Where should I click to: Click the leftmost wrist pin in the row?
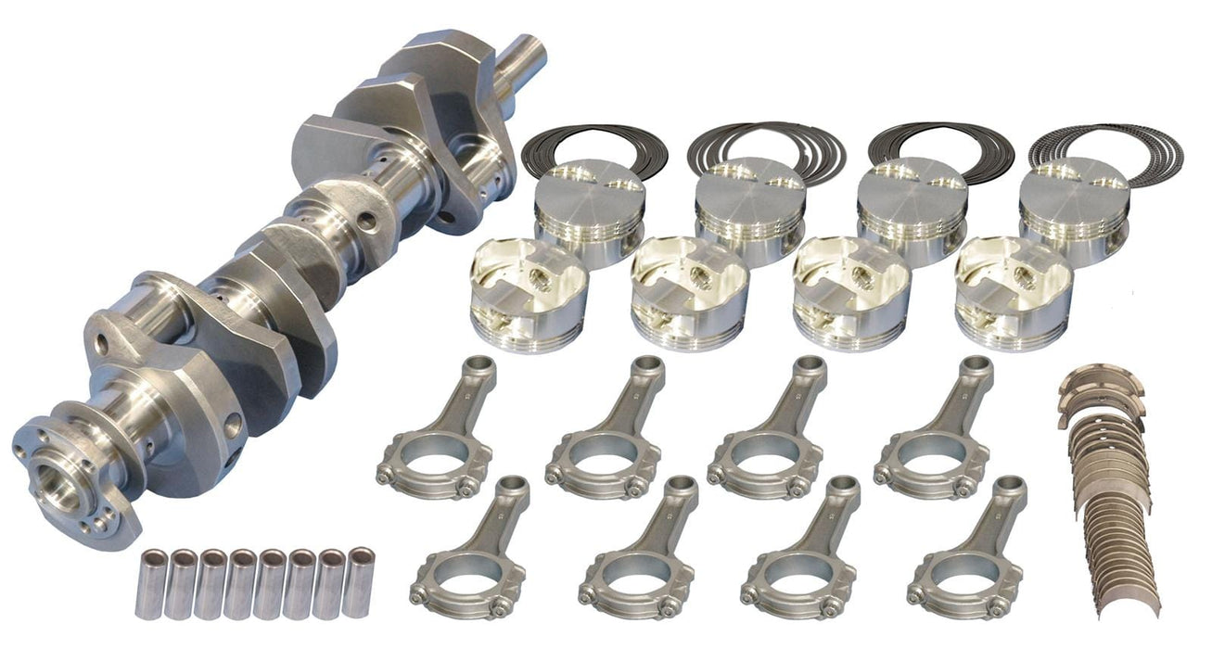click(x=151, y=584)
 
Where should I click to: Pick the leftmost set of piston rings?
click(x=594, y=148)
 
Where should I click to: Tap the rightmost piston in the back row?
click(x=1074, y=209)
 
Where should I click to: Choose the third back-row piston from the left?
click(x=912, y=209)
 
